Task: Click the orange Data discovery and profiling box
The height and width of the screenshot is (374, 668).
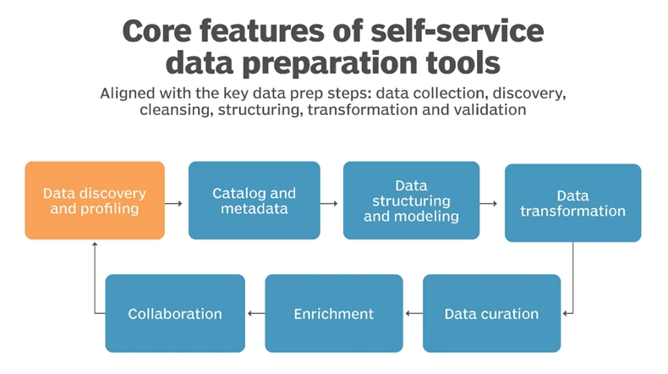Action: (95, 200)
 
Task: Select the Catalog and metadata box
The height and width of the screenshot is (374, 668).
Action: (254, 200)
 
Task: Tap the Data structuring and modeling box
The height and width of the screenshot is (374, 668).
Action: (411, 200)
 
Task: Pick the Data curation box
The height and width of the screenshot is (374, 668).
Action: (491, 313)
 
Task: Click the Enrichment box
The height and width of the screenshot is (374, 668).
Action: (333, 313)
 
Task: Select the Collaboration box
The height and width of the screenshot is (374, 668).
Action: (175, 313)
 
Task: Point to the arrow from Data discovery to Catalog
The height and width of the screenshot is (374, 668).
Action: (175, 203)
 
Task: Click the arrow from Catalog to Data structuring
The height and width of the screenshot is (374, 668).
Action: (331, 203)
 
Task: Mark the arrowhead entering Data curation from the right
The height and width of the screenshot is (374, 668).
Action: (565, 313)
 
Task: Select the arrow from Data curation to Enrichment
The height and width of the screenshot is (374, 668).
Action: (413, 313)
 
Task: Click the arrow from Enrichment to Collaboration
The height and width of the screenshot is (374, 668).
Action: (255, 313)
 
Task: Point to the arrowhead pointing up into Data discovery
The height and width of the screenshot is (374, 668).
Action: (95, 245)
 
